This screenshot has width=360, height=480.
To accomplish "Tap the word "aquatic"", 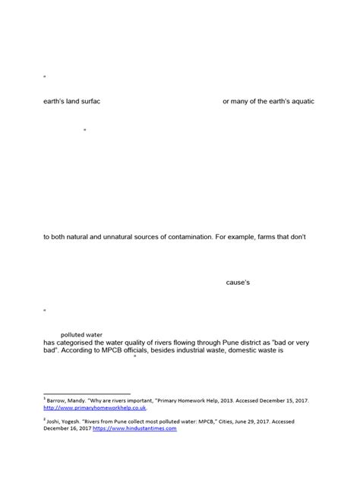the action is [298, 101].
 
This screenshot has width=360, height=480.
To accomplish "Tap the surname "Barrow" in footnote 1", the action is [58, 399].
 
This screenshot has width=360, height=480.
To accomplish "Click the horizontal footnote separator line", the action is [87, 393].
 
